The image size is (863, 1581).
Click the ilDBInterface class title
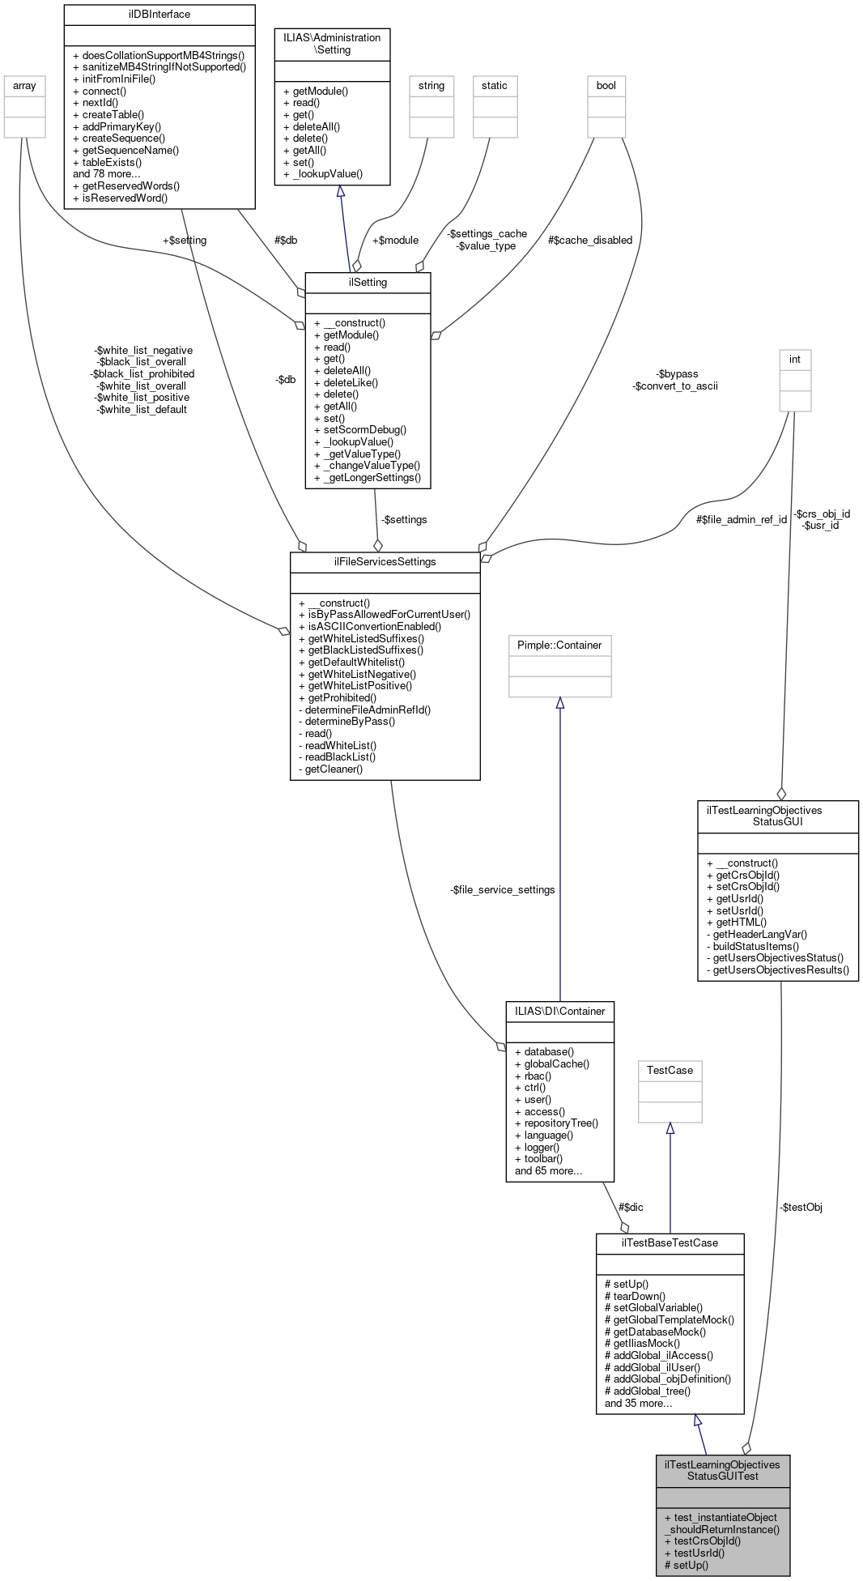[x=159, y=15]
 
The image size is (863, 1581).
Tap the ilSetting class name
[x=368, y=283]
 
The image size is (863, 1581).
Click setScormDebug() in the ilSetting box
[x=364, y=430]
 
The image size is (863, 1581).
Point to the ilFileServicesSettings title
[x=385, y=562]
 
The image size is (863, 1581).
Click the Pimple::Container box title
[x=559, y=646]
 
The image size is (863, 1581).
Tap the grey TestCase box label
[x=670, y=1071]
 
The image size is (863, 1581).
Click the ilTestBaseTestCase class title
[x=670, y=1243]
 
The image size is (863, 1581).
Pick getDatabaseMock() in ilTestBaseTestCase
[x=659, y=1332]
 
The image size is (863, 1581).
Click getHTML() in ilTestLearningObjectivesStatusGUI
[x=741, y=923]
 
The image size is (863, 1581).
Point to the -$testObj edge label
[x=801, y=1208]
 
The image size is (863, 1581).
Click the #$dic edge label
[x=631, y=1208]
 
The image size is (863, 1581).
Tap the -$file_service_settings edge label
[x=502, y=890]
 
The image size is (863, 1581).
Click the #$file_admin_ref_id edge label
[x=741, y=520]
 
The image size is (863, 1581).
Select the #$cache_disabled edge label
[x=589, y=241]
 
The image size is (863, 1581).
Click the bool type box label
[x=606, y=86]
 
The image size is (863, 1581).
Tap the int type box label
[x=794, y=360]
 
